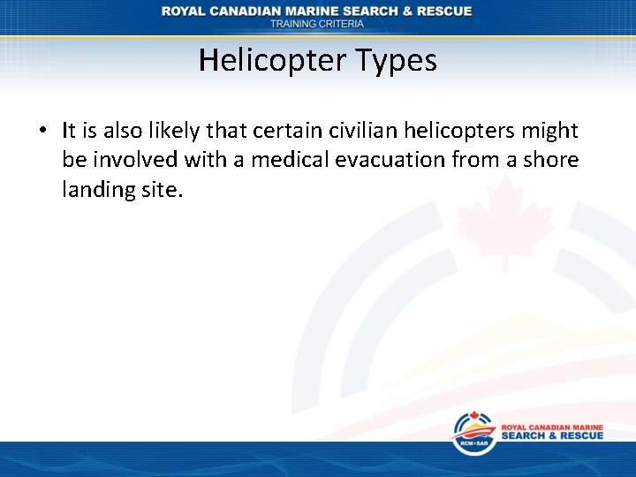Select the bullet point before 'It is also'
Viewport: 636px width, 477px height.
tap(42, 132)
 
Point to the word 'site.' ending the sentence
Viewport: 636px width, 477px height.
tap(161, 189)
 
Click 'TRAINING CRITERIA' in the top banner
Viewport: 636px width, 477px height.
tap(317, 24)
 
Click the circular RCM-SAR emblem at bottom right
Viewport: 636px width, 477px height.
tap(473, 435)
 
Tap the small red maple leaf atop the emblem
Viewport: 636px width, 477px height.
tap(471, 417)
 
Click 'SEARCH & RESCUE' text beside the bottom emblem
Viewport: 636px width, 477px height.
tap(552, 435)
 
